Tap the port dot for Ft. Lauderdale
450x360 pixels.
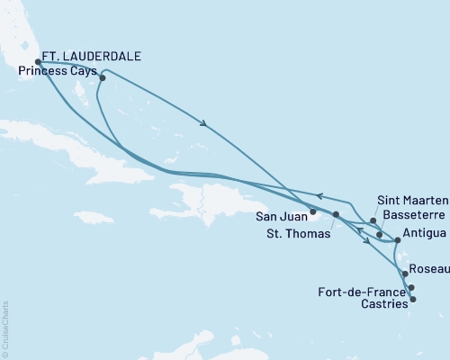(38, 63)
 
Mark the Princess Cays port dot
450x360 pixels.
(103, 77)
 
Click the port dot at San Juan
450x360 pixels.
(313, 213)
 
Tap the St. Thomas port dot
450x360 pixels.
(336, 215)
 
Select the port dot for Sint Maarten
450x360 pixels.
(373, 220)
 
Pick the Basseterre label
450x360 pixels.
(412, 217)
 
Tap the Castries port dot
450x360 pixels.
(412, 299)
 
